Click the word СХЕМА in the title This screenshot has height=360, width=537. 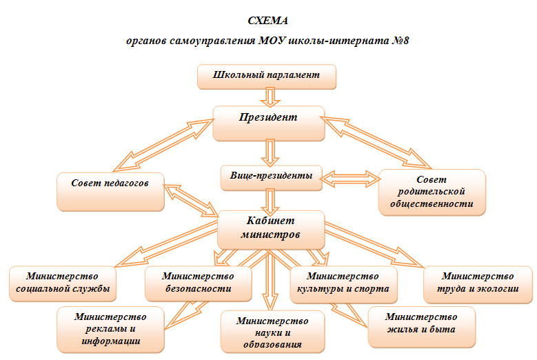tap(268, 21)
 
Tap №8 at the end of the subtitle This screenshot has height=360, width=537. tap(400, 41)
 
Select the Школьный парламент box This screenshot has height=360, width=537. tap(267, 77)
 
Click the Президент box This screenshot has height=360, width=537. tap(269, 123)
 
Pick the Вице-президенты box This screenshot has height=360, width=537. tap(271, 178)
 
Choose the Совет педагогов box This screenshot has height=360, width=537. tap(110, 192)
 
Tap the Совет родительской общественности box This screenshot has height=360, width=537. tap(432, 192)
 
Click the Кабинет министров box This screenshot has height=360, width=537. tap(271, 230)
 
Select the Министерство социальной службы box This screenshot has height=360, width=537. tap(63, 283)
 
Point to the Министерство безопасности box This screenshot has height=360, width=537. tap(199, 283)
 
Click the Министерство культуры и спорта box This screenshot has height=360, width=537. tap(343, 285)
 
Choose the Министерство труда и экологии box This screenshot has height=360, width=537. tap(478, 285)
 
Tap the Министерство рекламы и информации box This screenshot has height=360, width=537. tap(110, 329)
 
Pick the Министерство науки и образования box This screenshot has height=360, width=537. tap(272, 332)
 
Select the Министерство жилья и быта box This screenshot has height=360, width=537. tap(422, 327)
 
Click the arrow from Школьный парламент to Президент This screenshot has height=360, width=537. tap(270, 97)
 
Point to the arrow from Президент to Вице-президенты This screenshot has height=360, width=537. tap(270, 153)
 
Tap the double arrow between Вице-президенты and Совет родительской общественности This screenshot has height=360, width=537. tap(351, 179)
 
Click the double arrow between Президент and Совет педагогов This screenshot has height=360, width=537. tap(163, 145)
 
